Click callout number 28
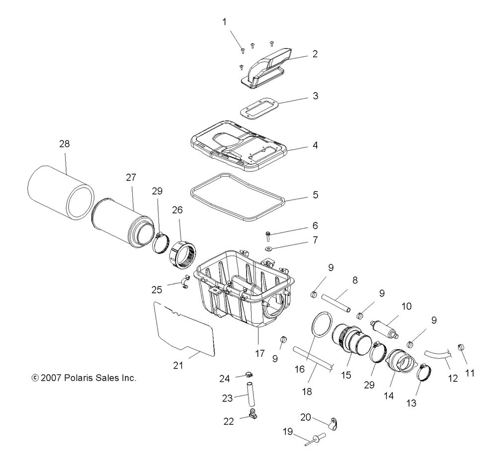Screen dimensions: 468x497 tap(64, 144)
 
